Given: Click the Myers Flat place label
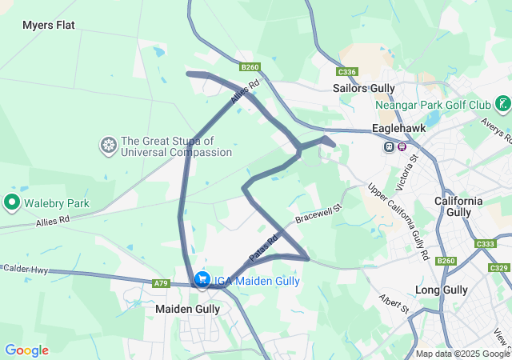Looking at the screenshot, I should click(48, 25).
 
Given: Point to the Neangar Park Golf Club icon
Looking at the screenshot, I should click(502, 104).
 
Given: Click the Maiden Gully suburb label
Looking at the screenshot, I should click(186, 308).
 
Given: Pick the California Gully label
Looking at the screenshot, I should click(458, 206).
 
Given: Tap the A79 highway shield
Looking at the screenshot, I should click(161, 283).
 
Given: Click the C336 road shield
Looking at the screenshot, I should click(346, 71).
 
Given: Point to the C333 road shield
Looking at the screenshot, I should click(485, 244).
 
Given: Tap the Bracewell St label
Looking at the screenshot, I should click(318, 213).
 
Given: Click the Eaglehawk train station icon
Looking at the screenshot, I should click(389, 146).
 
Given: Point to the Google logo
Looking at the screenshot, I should click(26, 350).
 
